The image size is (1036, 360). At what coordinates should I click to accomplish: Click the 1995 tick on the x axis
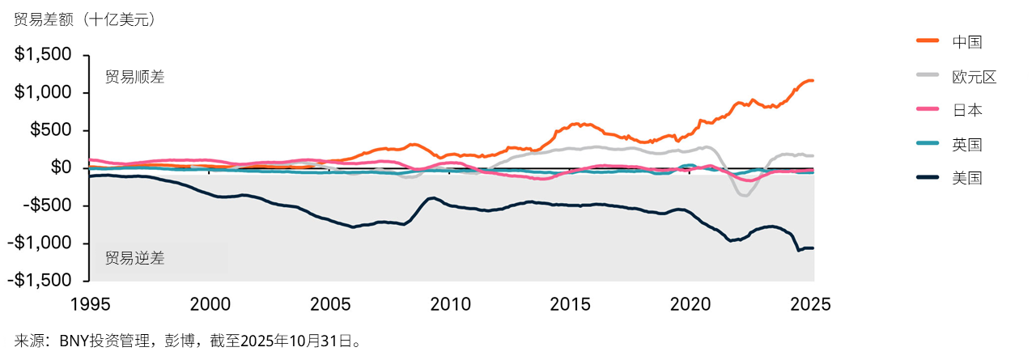click(88, 304)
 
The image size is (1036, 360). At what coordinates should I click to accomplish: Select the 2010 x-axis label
click(449, 304)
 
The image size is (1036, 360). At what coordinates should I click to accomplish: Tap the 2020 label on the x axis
click(690, 304)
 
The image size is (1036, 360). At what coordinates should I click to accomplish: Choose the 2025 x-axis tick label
click(810, 304)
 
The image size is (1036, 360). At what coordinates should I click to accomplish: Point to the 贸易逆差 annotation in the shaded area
click(134, 259)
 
